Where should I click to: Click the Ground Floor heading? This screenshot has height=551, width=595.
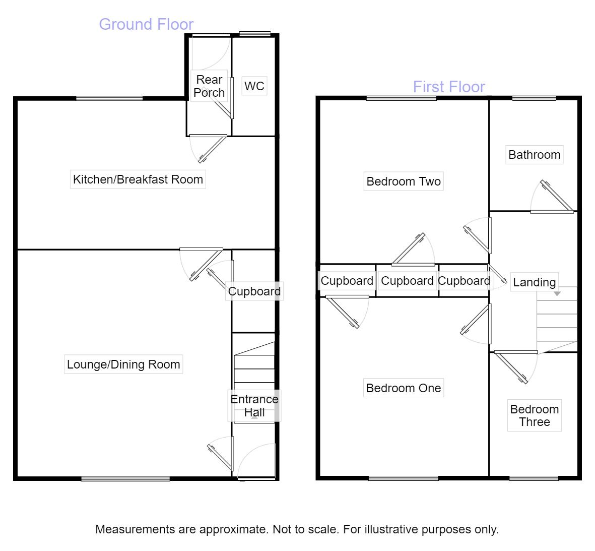coord(146,24)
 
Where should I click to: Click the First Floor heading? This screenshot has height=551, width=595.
coord(449,87)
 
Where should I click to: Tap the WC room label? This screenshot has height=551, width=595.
coord(254,86)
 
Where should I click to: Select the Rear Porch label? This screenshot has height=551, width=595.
coord(209,86)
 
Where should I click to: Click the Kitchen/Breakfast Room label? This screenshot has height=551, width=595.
coord(138,179)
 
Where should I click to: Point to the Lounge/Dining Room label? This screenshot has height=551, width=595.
coord(123,364)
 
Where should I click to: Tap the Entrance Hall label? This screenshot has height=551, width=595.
coord(254,406)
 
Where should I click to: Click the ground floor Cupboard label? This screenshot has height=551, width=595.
coord(254,291)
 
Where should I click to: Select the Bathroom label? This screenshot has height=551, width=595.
coord(534,155)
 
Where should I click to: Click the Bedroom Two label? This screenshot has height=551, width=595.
coord(404,181)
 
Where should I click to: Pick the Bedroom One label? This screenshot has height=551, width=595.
coord(404,388)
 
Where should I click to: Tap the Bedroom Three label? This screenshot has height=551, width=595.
coord(534,416)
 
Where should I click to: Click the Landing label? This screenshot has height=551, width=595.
coord(534,282)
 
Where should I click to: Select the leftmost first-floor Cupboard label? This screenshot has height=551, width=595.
coord(347,281)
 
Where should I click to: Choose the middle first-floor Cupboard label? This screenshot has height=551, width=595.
coord(407,281)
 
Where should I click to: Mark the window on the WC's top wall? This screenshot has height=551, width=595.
coord(254,34)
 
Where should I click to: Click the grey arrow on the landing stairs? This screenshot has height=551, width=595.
coord(557,293)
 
